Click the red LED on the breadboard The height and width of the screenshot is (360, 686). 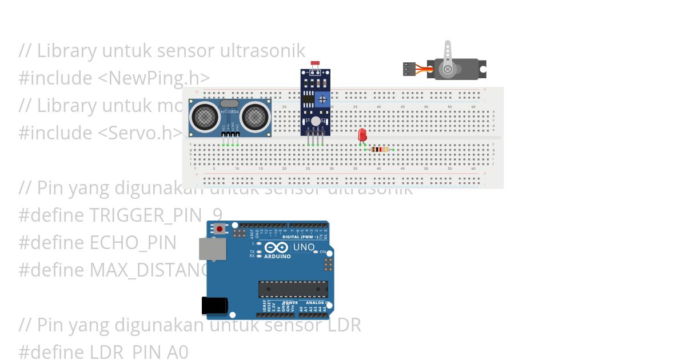[362, 135]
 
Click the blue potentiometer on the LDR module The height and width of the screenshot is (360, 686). [323, 99]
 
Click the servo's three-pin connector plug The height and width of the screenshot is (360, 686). [409, 69]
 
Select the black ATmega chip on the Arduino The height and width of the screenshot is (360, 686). [293, 289]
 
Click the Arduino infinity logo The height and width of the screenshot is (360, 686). [277, 248]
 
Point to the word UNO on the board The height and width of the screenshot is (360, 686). [304, 247]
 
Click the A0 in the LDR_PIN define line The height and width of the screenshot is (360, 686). [177, 352]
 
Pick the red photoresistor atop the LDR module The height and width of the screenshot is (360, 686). [314, 63]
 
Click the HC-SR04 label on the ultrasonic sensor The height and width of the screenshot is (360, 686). [230, 111]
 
